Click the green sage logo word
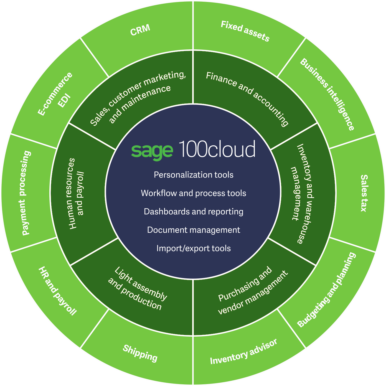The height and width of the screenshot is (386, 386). tap(152, 151)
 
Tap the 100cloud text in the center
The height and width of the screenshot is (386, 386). tap(217, 149)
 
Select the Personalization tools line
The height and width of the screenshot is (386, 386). tap(194, 175)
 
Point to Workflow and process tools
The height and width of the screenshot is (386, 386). tap(194, 193)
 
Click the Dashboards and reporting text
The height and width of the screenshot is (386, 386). tap(194, 212)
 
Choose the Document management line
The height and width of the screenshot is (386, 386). tap(194, 230)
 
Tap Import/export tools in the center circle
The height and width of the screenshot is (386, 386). tap(194, 248)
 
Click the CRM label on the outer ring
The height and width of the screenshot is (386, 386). tap(140, 30)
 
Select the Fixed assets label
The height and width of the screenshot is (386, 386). tap(245, 31)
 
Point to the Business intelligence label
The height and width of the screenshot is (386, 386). tap(327, 94)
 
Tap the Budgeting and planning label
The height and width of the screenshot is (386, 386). tap(326, 290)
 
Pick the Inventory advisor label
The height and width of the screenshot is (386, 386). tap(243, 352)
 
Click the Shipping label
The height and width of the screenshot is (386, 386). tap(140, 353)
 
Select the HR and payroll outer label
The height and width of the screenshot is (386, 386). tap(57, 291)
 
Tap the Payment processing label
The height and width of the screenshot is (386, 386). tap(26, 193)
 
